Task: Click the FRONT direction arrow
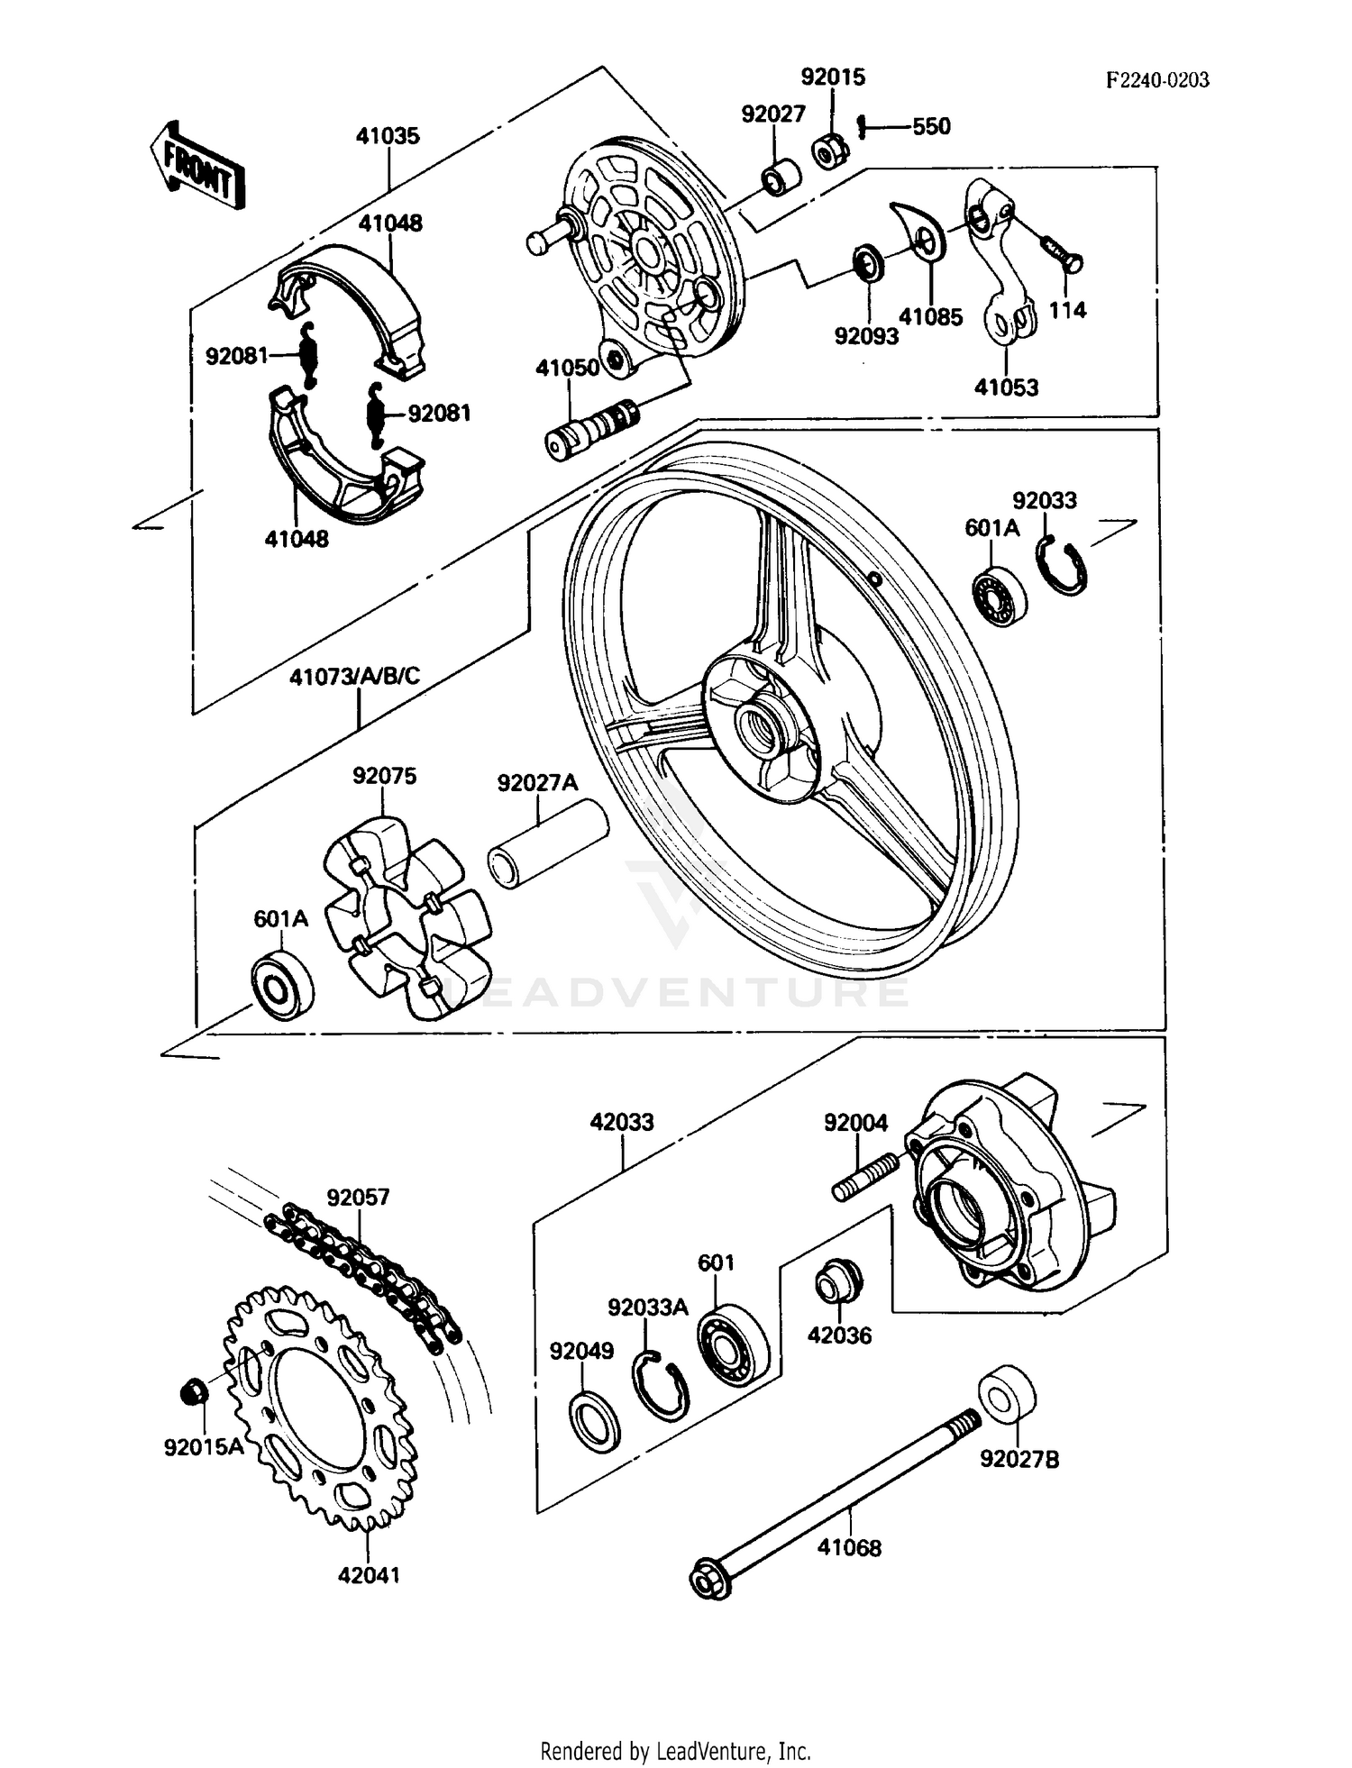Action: pos(197,167)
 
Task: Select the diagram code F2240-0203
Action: pos(1157,80)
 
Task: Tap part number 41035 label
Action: pos(388,136)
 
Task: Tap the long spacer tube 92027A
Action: pos(546,843)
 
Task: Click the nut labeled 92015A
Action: pos(194,1392)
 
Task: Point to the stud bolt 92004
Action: pos(864,1178)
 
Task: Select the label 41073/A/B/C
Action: pos(354,677)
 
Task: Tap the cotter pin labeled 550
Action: pos(863,127)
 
